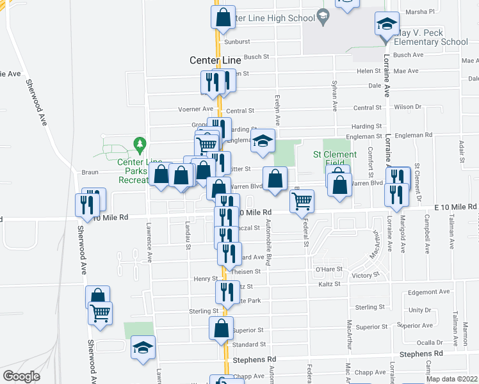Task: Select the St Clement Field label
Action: pos(334,158)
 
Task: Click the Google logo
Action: pos(21,376)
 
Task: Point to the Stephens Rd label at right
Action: pos(421,353)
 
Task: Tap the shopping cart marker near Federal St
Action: pos(302,201)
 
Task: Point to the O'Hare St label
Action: pos(329,269)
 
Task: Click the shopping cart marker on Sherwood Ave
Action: pos(100,314)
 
